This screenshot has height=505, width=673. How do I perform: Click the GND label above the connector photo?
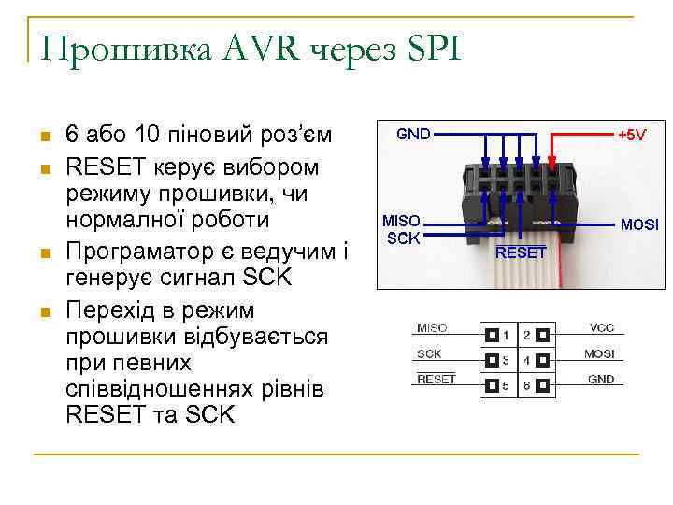coord(413,135)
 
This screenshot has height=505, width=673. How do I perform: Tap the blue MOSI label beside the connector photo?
coord(640,225)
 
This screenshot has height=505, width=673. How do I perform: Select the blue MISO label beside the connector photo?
coord(404,221)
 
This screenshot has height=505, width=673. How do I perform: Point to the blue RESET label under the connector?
coord(521,252)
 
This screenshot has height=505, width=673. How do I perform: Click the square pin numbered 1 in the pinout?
coord(490,334)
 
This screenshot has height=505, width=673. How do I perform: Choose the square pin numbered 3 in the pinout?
coord(490,359)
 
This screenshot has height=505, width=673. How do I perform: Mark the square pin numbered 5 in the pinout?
coord(490,384)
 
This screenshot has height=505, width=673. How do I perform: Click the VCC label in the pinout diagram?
coord(602,328)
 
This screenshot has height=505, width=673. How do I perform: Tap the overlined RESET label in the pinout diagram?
coord(436,380)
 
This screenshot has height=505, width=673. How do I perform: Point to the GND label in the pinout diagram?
coord(601,380)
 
